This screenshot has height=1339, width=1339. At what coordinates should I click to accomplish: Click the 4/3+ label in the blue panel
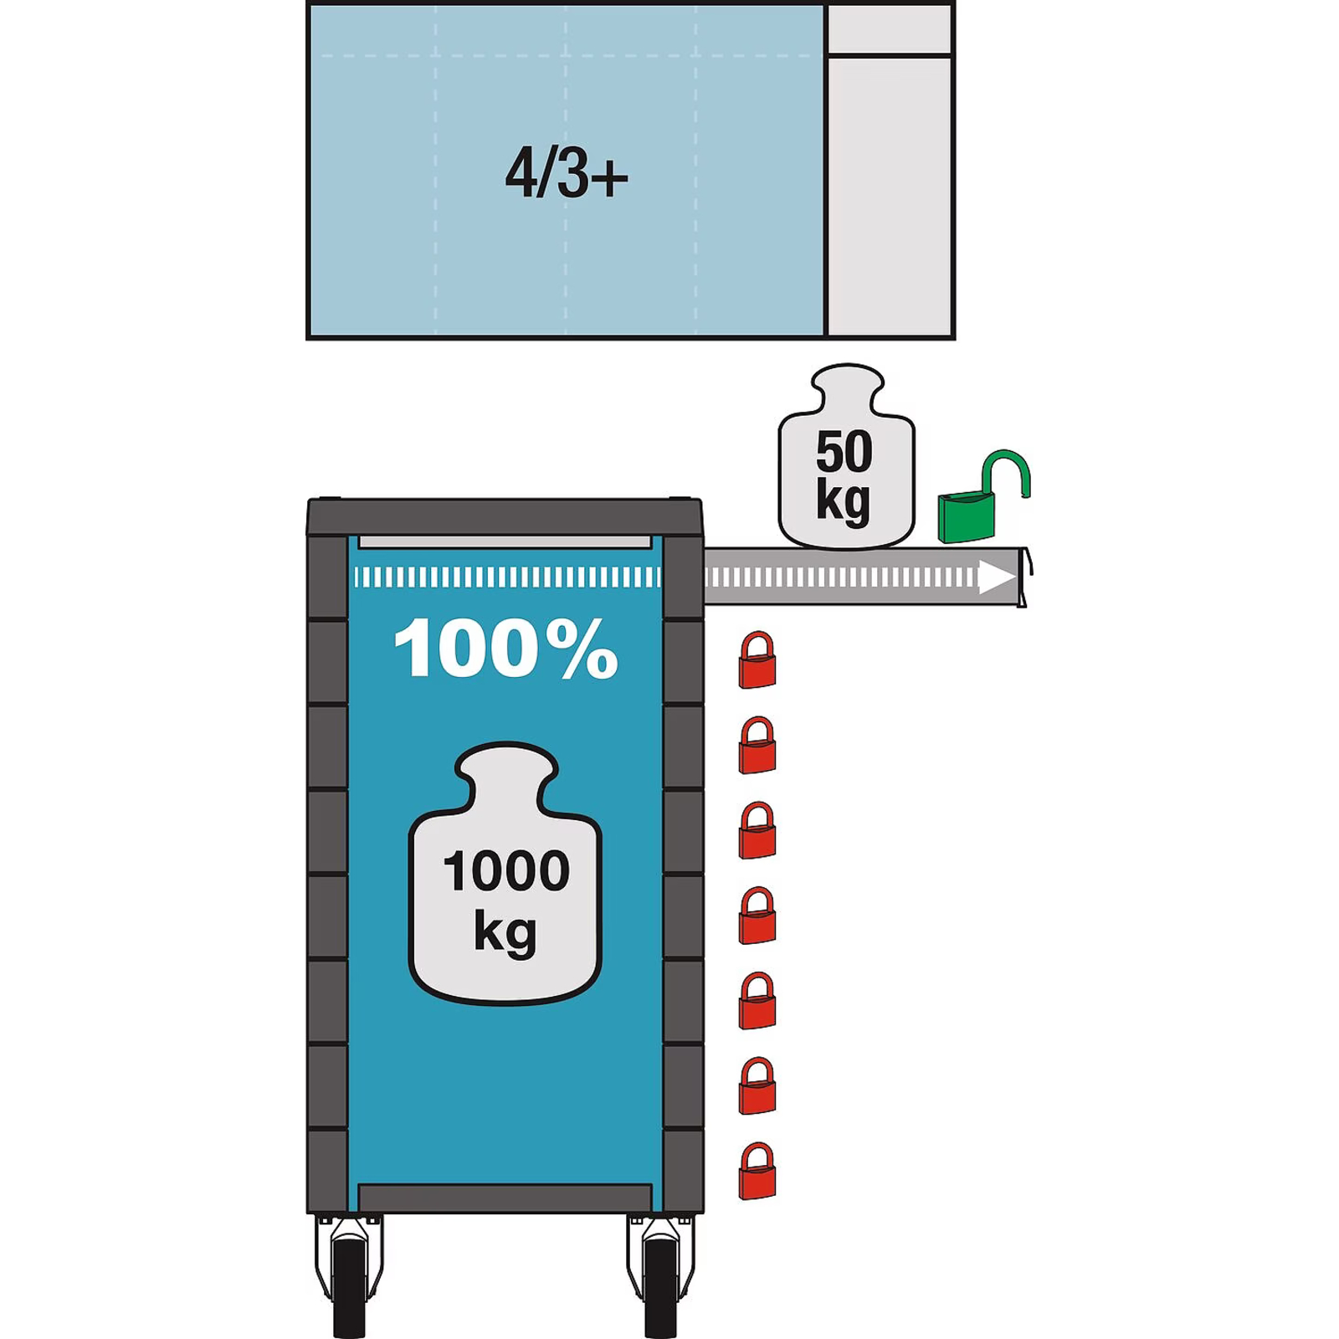567,173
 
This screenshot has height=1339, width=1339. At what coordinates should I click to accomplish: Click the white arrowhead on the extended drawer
998,577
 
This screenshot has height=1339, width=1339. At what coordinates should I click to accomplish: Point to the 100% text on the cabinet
505,648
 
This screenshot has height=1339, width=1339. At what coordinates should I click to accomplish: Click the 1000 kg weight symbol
505,873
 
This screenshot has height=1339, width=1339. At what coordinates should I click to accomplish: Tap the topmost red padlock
757,660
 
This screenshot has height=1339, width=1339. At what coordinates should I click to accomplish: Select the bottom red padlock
757,1172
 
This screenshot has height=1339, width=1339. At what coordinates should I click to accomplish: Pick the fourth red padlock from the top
757,916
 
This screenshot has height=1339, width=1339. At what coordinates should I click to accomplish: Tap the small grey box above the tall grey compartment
889,29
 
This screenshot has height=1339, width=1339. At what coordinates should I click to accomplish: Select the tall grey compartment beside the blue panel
890,197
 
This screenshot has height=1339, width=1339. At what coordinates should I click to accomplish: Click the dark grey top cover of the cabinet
505,517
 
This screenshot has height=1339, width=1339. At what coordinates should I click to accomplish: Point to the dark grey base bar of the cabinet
505,1198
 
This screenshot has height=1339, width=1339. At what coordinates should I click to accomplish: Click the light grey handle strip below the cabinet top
505,542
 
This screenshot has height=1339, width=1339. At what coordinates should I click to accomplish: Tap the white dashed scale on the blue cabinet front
507,577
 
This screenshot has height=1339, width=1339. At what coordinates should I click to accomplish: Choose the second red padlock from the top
757,746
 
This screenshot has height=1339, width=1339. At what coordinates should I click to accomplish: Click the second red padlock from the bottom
757,1086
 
